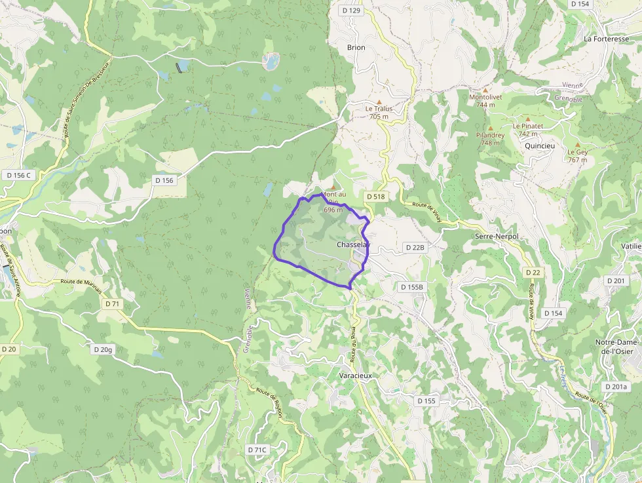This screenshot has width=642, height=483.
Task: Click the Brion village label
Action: [356, 48]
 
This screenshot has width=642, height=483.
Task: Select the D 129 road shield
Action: [351, 10]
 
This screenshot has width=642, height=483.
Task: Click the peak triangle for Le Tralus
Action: [379, 102]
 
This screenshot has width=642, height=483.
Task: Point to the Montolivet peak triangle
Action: [485, 90]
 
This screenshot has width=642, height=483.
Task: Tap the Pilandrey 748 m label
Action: [490, 139]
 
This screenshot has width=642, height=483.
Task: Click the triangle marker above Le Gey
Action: [577, 145]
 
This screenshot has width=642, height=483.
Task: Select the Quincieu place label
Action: [540, 146]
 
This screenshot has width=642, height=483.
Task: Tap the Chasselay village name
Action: [354, 245]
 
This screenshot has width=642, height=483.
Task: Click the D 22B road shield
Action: [415, 248]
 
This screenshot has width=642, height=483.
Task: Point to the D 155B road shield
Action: [412, 287]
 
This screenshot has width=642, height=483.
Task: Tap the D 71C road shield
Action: [257, 450]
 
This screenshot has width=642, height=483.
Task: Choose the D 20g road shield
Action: [104, 349]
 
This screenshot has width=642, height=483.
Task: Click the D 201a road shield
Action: [616, 387]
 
